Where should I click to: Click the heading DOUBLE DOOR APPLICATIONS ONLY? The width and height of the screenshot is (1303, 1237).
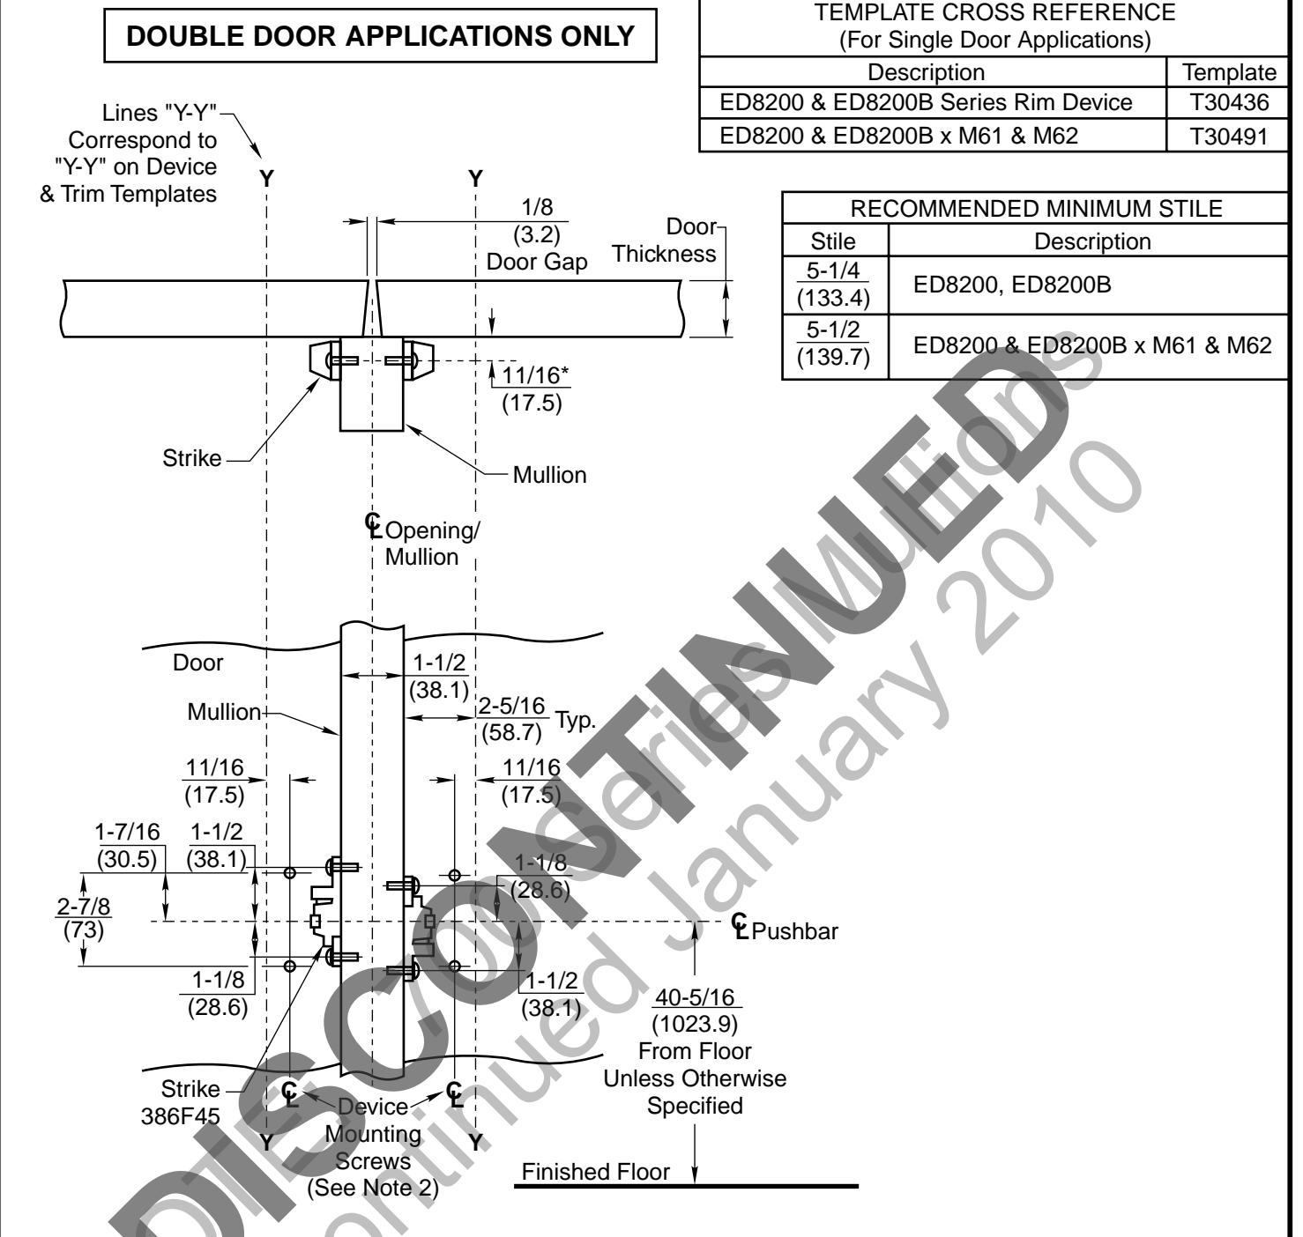[381, 36]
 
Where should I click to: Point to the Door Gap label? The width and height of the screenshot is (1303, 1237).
[537, 263]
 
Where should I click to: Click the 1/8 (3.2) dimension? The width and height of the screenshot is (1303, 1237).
[537, 222]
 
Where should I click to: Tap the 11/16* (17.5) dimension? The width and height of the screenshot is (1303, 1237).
[532, 389]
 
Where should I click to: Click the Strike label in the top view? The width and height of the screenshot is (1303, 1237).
[191, 458]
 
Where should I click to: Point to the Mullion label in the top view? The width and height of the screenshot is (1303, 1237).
[549, 475]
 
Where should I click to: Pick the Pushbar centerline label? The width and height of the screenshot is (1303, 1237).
[786, 930]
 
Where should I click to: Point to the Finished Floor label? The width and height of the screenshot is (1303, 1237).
[596, 1172]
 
